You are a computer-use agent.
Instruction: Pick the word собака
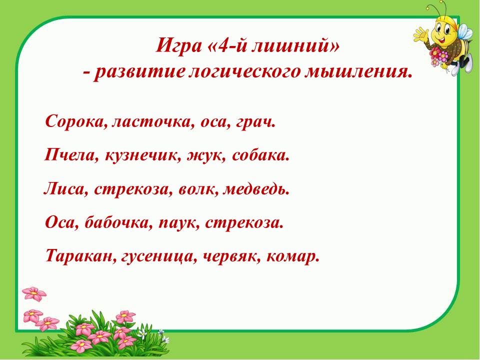pyautogui.click(x=260, y=155)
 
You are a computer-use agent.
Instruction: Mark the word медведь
pyautogui.click(x=256, y=188)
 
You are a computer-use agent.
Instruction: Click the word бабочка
pyautogui.click(x=118, y=222)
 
